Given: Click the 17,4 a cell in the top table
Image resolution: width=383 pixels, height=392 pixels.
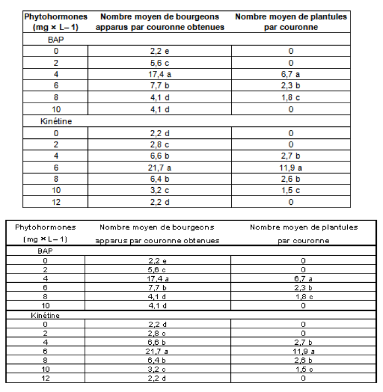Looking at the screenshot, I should [159, 73].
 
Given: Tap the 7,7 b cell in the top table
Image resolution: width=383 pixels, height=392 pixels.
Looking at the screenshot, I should [159, 85].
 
